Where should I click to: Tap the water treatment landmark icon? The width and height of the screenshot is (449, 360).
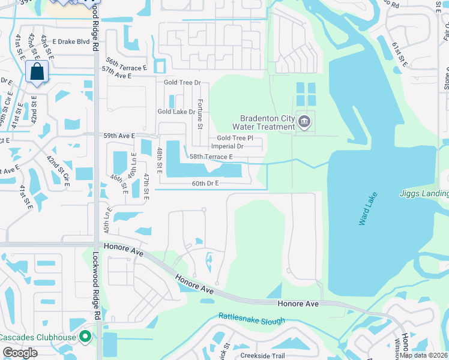304,122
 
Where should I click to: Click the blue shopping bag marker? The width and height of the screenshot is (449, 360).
37,72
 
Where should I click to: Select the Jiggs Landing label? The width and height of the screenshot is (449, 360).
424,193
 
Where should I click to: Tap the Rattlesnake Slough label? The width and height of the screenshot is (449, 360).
252,319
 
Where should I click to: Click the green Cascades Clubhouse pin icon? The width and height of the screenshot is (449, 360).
85,337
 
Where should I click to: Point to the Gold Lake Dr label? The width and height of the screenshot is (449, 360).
176,112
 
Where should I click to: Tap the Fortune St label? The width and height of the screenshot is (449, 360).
200,114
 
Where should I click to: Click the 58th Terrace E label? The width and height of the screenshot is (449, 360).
211,157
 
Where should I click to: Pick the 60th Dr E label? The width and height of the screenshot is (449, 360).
205,183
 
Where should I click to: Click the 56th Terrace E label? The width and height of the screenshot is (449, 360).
126,62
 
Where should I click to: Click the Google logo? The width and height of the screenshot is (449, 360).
20,353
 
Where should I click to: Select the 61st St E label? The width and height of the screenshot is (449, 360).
399,55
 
